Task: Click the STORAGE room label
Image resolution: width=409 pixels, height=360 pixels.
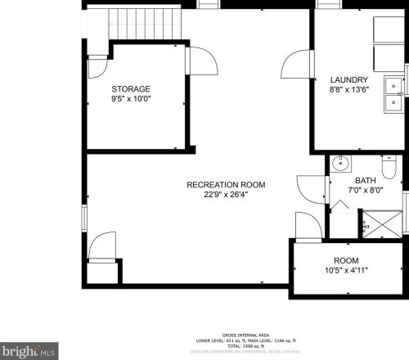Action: click(132, 88)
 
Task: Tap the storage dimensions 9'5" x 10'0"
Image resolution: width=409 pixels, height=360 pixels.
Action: click(132, 98)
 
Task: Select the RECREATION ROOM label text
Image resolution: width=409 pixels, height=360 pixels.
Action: click(214, 184)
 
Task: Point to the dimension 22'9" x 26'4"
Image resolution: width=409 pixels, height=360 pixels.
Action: click(214, 195)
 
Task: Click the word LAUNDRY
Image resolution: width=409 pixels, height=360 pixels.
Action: click(349, 79)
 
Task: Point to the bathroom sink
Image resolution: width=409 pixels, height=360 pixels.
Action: click(340, 164)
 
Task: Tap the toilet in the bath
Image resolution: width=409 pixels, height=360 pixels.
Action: click(389, 168)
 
